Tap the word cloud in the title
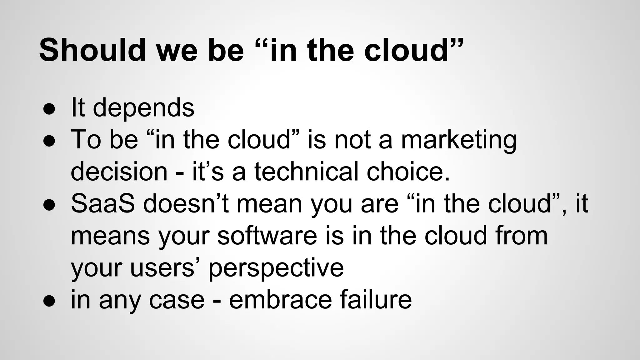(x=407, y=50)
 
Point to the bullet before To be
(x=49, y=141)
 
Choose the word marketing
(x=459, y=140)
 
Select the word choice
(x=408, y=172)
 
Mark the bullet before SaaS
(x=49, y=205)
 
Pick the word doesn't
(x=186, y=204)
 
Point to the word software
(x=267, y=236)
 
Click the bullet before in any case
(x=49, y=301)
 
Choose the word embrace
(x=280, y=300)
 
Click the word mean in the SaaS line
(x=269, y=204)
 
